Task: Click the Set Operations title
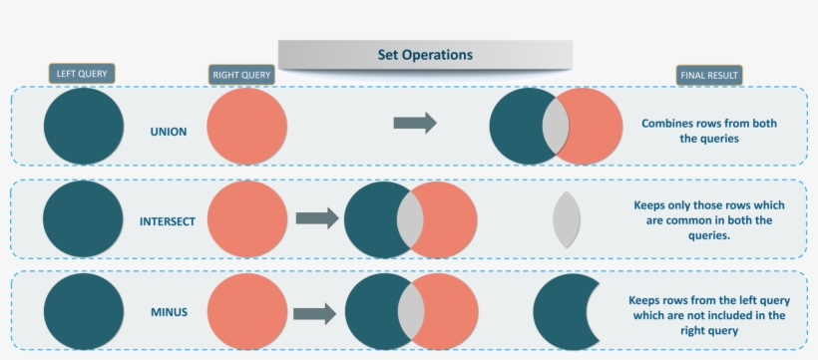425,55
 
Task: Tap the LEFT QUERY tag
82,73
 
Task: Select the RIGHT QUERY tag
242,75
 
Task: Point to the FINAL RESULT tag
710,75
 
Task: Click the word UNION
168,132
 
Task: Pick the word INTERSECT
168,220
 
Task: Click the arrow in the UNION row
415,123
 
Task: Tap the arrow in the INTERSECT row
317,217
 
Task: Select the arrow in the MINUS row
314,313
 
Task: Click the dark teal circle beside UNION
84,126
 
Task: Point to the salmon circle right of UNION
247,128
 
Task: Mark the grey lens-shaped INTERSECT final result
566,219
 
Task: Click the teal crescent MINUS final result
561,313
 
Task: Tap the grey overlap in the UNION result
556,127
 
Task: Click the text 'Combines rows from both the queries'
708,132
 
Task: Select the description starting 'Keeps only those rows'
709,220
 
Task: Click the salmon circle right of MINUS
247,313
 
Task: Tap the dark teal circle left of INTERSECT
84,219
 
